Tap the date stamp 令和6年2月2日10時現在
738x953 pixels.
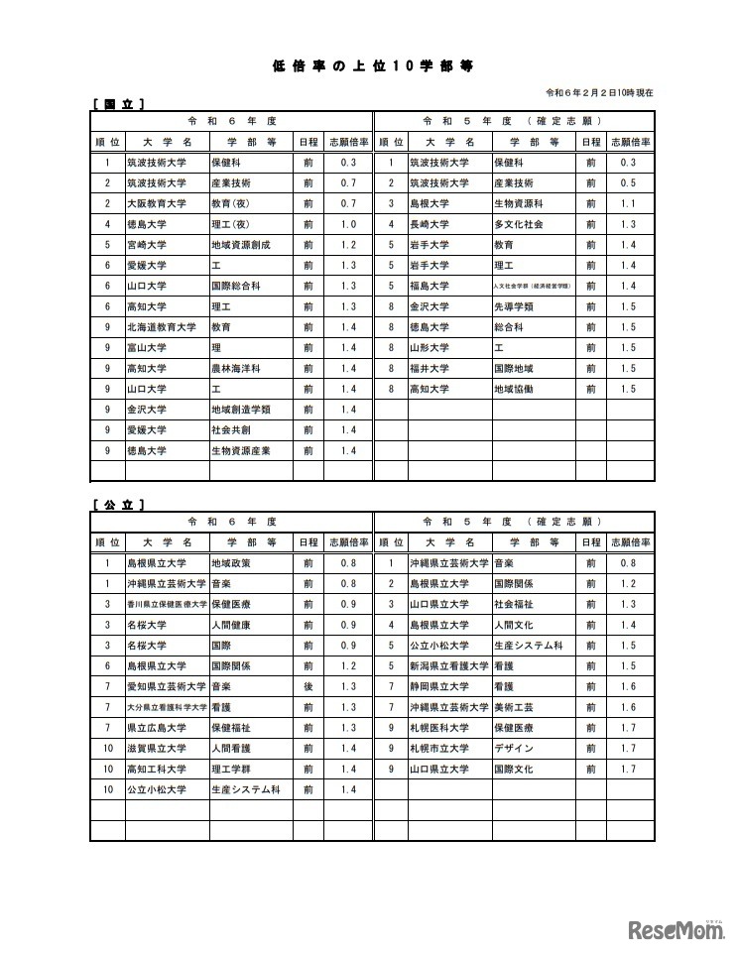pos(600,92)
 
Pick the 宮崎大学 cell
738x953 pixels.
pos(146,244)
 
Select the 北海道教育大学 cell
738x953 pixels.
pos(161,326)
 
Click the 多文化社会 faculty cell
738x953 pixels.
pos(518,224)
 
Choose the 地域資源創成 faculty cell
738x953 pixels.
pos(240,244)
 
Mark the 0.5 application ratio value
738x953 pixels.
pos(628,182)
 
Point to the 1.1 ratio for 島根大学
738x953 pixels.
pos(628,203)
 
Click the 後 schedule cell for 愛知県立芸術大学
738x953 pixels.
pos(308,686)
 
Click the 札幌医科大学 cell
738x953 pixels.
pos(439,728)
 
